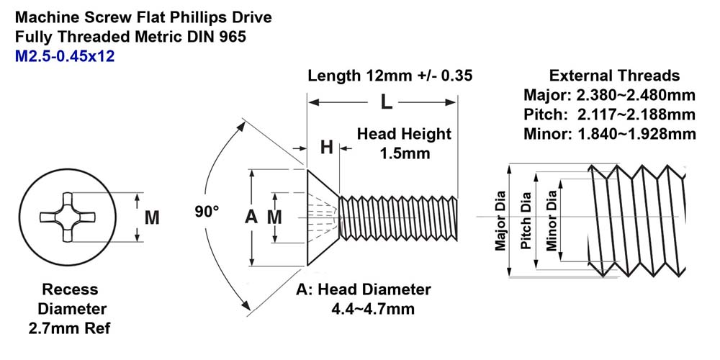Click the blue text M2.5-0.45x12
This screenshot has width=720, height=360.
click(65, 56)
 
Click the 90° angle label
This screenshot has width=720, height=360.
click(207, 212)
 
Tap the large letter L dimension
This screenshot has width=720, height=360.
click(386, 102)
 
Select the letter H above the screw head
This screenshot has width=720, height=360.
click(326, 148)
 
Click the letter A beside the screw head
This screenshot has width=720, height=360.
click(251, 217)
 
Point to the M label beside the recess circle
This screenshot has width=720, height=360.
click(152, 217)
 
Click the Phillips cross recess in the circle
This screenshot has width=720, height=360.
click(67, 217)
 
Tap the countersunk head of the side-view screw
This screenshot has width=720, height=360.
click(323, 217)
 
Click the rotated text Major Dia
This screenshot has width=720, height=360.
click(500, 221)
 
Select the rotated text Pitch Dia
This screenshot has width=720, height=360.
click(526, 221)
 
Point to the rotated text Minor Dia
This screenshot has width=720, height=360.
click(552, 221)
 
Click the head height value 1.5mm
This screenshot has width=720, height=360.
click(405, 153)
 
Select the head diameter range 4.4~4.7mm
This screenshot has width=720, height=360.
click(373, 309)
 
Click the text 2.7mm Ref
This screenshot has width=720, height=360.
click(69, 329)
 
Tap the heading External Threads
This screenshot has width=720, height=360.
click(614, 76)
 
